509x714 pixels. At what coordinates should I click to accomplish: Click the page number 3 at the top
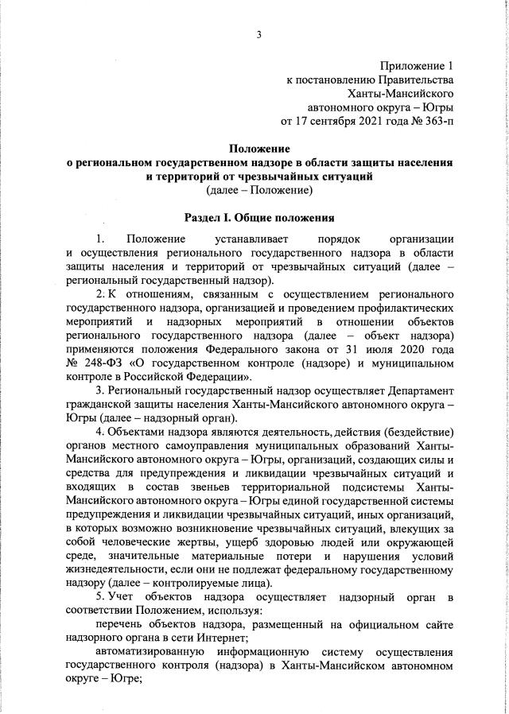pyautogui.click(x=258, y=33)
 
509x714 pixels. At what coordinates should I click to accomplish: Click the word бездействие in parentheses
pyautogui.click(x=417, y=433)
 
